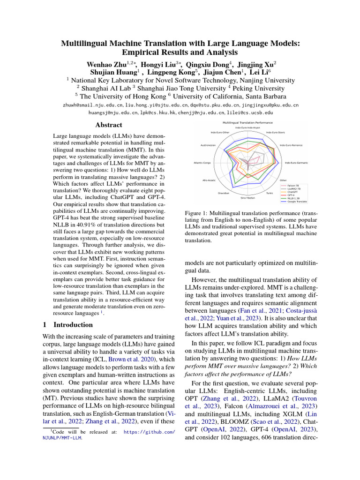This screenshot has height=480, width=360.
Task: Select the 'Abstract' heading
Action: point(109,125)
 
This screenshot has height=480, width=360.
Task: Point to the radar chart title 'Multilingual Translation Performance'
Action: point(247,122)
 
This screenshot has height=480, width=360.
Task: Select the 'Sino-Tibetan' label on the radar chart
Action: point(248,198)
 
